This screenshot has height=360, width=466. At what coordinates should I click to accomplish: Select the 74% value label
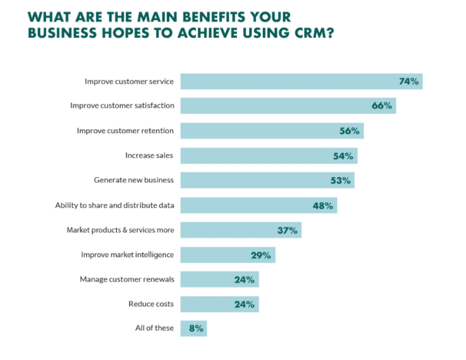point(409,81)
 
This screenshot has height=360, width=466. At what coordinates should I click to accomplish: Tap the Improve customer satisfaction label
point(122,106)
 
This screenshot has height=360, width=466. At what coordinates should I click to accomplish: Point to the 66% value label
point(382,106)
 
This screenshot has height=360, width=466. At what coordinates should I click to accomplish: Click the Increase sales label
point(149,156)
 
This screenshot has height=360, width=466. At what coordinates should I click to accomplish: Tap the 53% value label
point(340,181)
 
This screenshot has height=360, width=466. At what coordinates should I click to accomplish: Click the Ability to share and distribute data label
point(114,205)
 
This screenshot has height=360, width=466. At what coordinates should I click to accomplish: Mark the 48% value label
point(323,205)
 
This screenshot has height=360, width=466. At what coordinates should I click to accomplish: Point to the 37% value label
point(287,230)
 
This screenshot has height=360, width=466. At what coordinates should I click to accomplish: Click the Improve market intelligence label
point(127,255)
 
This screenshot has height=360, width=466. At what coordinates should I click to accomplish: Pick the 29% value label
point(261,255)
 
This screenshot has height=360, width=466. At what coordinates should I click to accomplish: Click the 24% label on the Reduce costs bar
point(245,304)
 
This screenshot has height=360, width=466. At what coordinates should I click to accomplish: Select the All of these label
point(155,328)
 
